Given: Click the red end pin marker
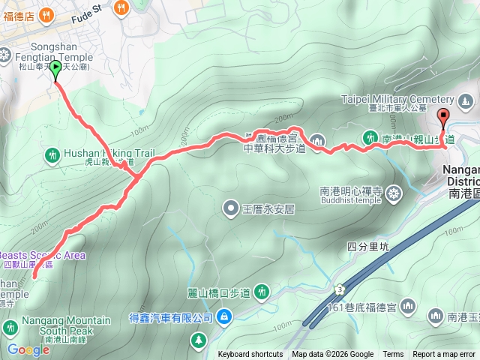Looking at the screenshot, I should pyautogui.click(x=442, y=117).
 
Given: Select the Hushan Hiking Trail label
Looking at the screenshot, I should pyautogui.click(x=109, y=153).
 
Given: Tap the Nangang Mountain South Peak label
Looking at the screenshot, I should pyautogui.click(x=66, y=321).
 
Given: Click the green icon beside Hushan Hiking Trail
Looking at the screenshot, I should pyautogui.click(x=52, y=155).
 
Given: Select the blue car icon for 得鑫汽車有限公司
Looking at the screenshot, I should pyautogui.click(x=223, y=318).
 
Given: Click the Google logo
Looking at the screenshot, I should pyautogui.click(x=28, y=349).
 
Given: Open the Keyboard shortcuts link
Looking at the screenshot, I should pyautogui.click(x=250, y=355).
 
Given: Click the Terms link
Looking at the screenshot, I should pyautogui.click(x=393, y=355).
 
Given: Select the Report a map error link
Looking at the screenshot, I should pyautogui.click(x=445, y=355).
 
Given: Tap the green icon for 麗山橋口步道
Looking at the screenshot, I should pyautogui.click(x=261, y=290).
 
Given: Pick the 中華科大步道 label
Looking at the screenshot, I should pyautogui.click(x=274, y=148).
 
